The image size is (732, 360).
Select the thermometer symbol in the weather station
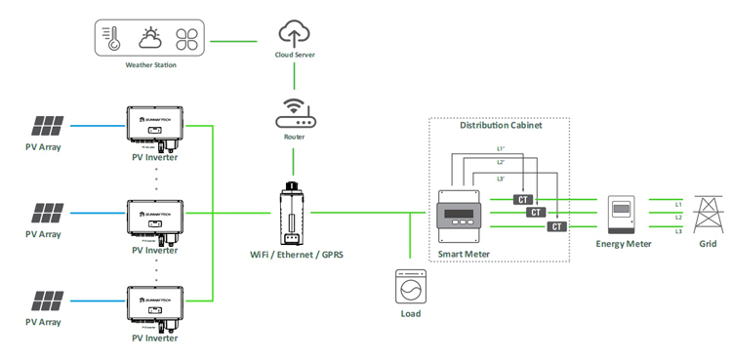point(114,38)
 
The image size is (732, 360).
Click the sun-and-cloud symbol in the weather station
point(150,38)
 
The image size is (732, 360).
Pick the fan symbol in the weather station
point(186,38)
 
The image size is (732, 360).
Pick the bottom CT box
point(557,226)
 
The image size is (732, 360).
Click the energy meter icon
point(623,214)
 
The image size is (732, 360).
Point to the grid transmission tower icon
point(707,213)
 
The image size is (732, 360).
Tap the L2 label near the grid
point(677,217)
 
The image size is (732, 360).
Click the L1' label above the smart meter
point(500,148)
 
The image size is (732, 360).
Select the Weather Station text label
point(150,66)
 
